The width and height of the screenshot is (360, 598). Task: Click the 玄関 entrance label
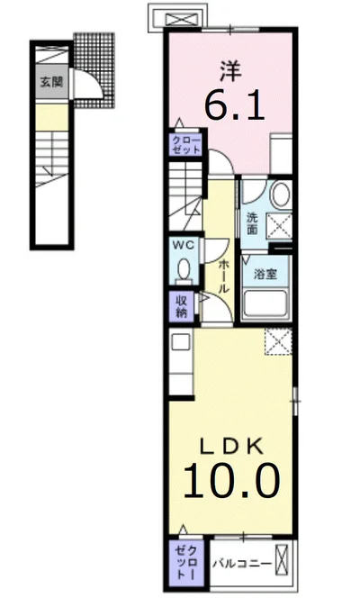tap(51, 82)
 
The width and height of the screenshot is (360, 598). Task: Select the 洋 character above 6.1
tap(230, 71)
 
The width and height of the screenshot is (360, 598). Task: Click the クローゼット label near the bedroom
tap(186, 145)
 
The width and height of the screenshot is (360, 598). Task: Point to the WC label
tap(184, 245)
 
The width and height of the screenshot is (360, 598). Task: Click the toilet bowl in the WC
tap(184, 269)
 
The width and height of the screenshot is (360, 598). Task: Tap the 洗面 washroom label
tap(252, 223)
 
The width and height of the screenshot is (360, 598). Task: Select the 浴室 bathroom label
tap(265, 274)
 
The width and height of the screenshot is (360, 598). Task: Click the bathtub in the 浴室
tap(265, 304)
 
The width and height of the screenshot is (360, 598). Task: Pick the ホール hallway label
tap(223, 276)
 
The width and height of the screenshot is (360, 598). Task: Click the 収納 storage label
tap(182, 306)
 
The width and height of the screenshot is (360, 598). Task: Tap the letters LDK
tap(231, 447)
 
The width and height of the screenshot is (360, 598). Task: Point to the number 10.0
tap(232, 481)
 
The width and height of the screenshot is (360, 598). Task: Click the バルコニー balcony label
tap(242, 563)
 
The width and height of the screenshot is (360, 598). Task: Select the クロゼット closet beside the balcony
tap(186, 563)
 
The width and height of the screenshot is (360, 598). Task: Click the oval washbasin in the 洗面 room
tap(281, 195)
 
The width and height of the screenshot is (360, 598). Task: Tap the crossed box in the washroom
tap(279, 226)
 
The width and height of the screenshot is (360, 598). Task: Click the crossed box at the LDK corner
tap(278, 341)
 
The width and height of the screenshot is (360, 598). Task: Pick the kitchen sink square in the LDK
tap(181, 342)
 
